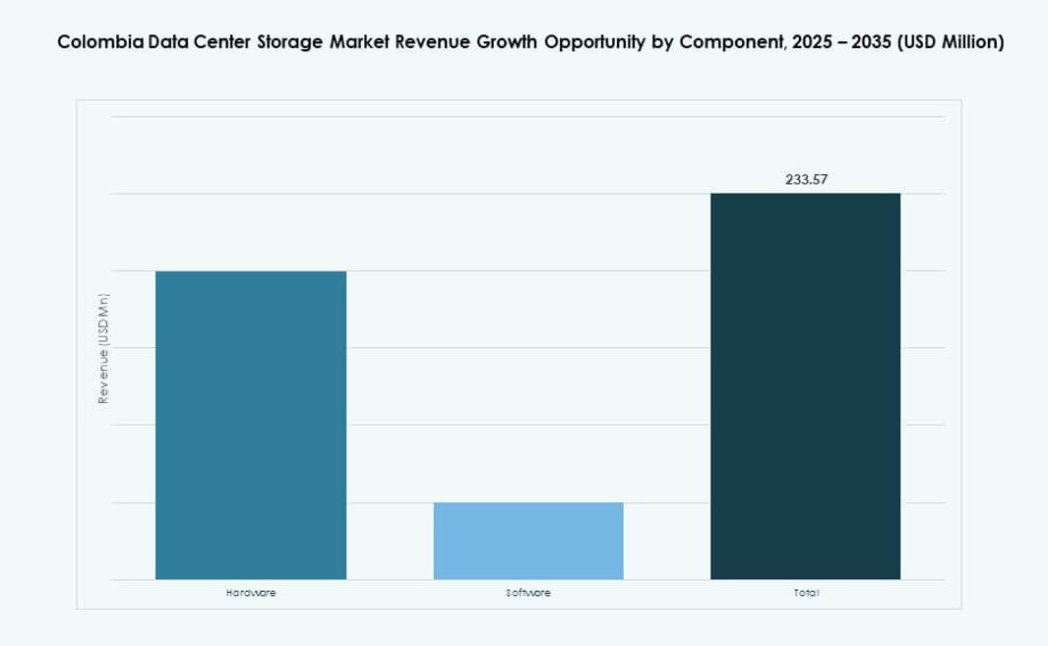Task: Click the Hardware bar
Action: click(251, 425)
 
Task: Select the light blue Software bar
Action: click(528, 541)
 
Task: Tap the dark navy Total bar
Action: click(805, 386)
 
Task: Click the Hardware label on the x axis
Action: click(251, 593)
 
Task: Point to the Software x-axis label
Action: click(528, 593)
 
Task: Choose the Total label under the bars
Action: click(805, 593)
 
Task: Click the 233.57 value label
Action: click(805, 179)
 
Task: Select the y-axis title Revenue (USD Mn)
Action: click(102, 348)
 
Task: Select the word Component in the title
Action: click(723, 42)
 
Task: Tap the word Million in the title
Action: click(969, 42)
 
